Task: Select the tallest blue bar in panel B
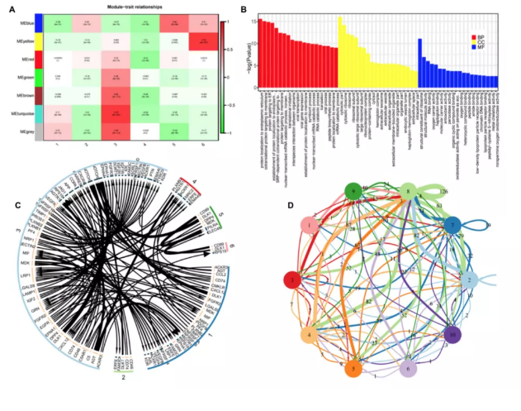click(x=420, y=62)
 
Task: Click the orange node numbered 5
click(x=353, y=370)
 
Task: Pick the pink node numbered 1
click(x=308, y=225)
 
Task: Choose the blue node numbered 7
click(x=451, y=226)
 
